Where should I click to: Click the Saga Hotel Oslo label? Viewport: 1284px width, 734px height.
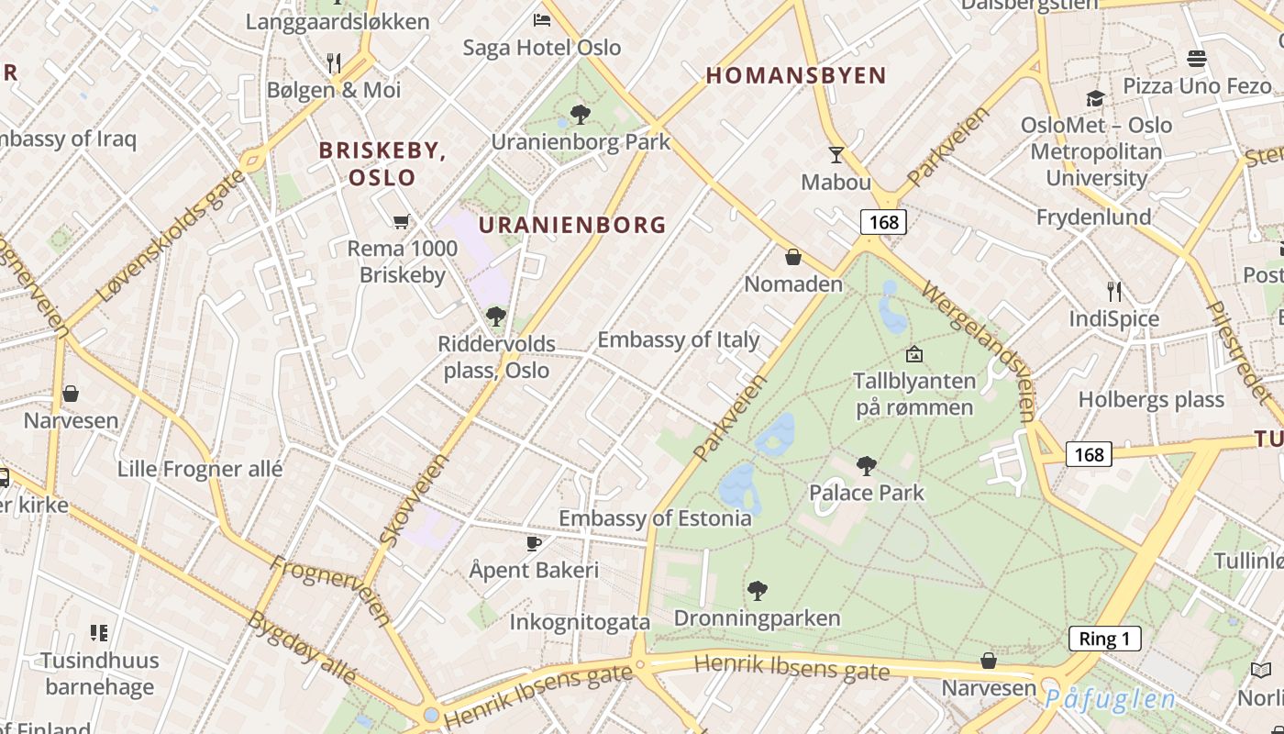click(542, 48)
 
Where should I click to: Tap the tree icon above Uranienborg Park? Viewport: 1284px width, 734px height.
click(580, 115)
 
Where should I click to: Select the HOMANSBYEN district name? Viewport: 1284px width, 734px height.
click(796, 76)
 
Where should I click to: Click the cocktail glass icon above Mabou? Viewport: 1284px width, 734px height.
click(836, 154)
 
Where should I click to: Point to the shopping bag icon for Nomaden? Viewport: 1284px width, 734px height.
click(793, 257)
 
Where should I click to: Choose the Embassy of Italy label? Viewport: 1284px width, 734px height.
click(678, 339)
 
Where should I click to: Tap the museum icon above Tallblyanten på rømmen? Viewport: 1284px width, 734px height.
click(913, 353)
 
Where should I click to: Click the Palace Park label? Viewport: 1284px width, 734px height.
click(867, 493)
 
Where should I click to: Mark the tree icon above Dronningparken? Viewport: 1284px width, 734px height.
click(757, 591)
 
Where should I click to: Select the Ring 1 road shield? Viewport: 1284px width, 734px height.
click(1104, 639)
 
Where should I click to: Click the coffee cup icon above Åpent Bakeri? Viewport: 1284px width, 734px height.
click(534, 543)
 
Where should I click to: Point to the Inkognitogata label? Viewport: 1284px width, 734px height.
click(580, 622)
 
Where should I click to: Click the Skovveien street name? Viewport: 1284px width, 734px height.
click(414, 500)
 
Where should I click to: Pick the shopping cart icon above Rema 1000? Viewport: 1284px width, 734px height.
click(401, 221)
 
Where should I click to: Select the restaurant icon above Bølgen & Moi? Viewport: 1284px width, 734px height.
click(334, 62)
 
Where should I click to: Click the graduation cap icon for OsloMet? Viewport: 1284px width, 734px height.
click(1095, 98)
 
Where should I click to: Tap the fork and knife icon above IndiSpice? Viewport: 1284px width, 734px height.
click(1114, 292)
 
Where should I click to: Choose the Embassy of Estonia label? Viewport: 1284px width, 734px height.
click(655, 518)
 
